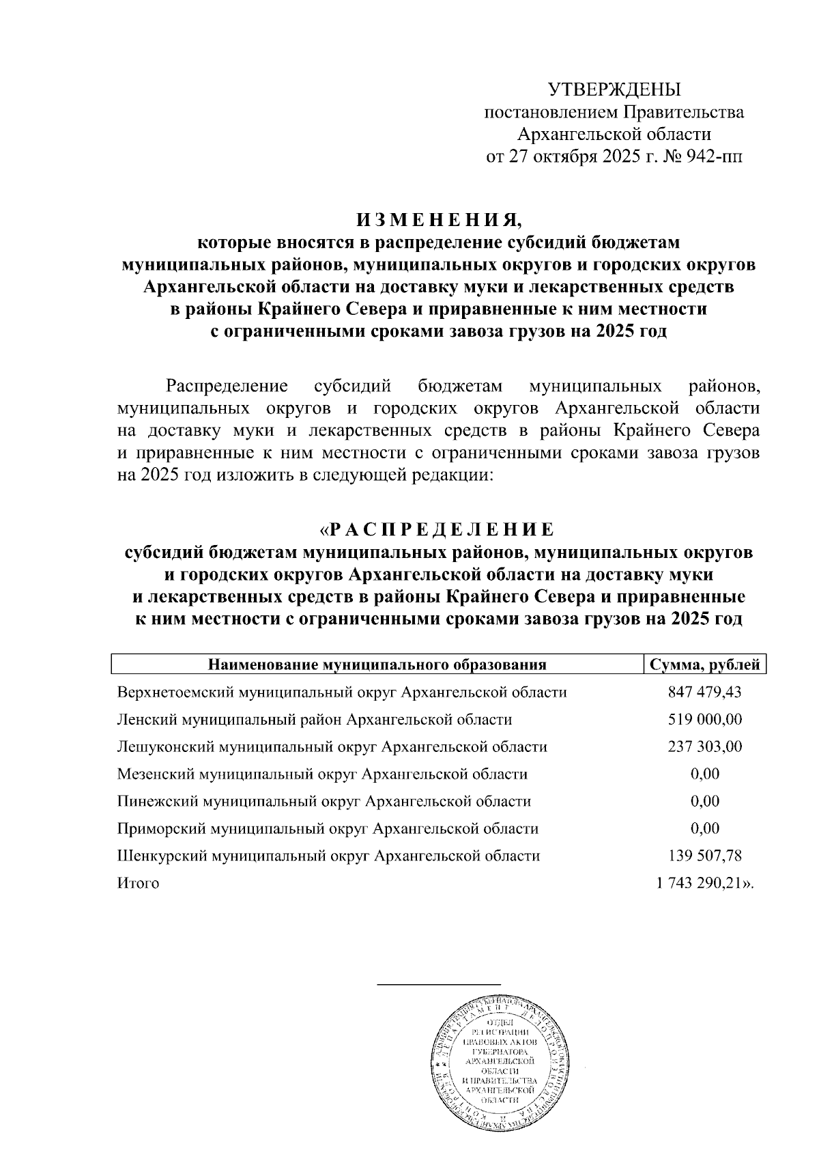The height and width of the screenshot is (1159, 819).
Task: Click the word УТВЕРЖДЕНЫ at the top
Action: pyautogui.click(x=614, y=89)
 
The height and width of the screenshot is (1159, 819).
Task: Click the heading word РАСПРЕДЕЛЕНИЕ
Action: pyautogui.click(x=442, y=529)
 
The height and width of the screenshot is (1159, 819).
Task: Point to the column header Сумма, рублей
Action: pyautogui.click(x=705, y=665)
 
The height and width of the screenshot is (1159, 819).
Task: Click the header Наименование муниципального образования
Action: pyautogui.click(x=377, y=665)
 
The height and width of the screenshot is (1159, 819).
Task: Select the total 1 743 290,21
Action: pyautogui.click(x=699, y=883)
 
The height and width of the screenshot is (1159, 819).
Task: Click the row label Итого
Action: pyautogui.click(x=138, y=883)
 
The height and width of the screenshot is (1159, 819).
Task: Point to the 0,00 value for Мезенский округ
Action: pyautogui.click(x=704, y=774)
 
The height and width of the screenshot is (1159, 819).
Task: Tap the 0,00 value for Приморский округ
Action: pyautogui.click(x=704, y=828)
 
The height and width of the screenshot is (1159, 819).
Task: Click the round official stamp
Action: pyautogui.click(x=499, y=1070)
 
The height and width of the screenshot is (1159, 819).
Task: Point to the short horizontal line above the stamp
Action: pyautogui.click(x=439, y=984)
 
